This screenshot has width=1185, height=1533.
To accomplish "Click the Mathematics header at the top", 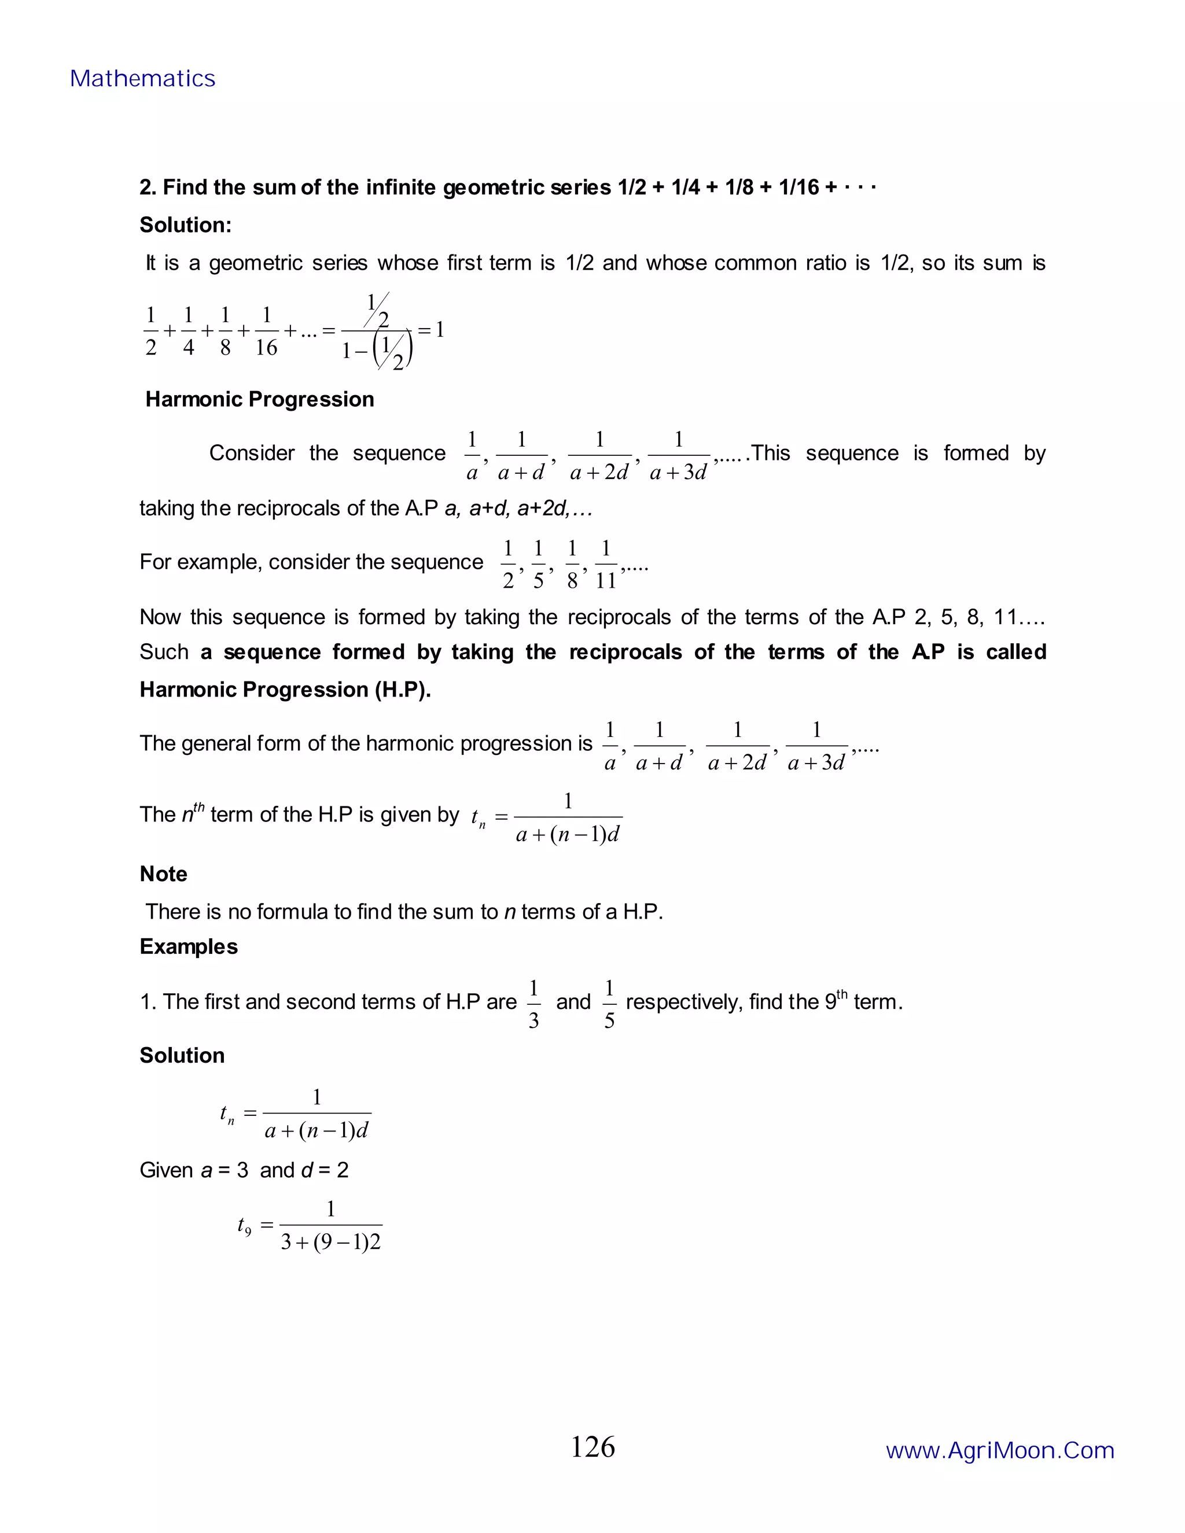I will coord(142,79).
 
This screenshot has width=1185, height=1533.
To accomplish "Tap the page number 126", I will coord(592,1447).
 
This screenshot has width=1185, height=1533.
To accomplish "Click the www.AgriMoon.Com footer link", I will coord(1000,1450).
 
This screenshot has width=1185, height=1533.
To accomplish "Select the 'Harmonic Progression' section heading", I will coord(259,399).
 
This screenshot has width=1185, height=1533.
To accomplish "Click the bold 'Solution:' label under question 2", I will coord(185,224).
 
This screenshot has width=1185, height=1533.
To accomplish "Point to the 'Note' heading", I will coord(164,874).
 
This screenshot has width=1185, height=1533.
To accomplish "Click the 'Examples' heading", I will coord(189,947).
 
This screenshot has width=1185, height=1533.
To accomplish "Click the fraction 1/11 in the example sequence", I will coord(605,565).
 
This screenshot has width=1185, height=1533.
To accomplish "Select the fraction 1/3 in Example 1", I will coord(533,1004).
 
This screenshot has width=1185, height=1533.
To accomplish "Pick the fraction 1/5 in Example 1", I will coord(609,1004).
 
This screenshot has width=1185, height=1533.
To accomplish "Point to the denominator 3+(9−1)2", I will coord(330,1243).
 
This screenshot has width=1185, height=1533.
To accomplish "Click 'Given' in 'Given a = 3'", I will coord(167,1170).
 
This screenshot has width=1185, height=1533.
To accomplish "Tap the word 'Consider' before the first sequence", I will coord(251,454).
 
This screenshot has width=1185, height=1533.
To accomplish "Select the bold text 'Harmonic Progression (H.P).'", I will coord(285,690).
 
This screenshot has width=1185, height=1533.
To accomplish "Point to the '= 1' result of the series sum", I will coord(431,330).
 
